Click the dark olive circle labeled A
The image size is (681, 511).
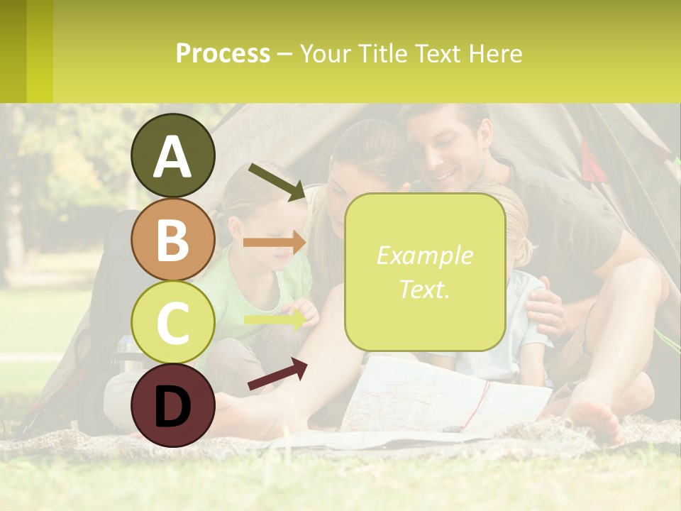coord(172,156)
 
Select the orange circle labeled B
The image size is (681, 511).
coord(172,240)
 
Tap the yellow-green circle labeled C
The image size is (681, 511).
coord(172,322)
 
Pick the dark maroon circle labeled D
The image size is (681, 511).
coord(172,405)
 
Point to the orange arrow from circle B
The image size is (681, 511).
coord(274,243)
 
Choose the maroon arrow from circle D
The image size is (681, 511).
coord(277,374)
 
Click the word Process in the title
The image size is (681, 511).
coord(223,53)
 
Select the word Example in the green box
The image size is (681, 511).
coord(424,255)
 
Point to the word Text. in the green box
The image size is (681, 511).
coord(424,290)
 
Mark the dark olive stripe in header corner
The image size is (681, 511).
coord(13,51)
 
